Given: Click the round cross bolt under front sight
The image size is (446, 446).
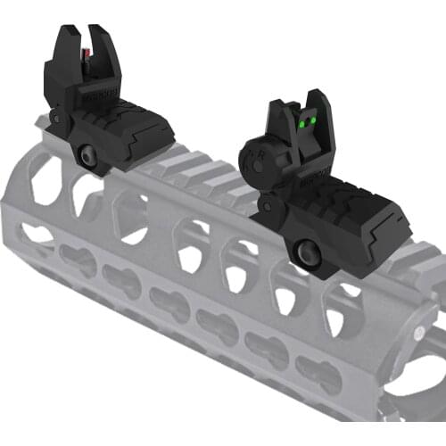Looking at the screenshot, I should pyautogui.click(x=89, y=155).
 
